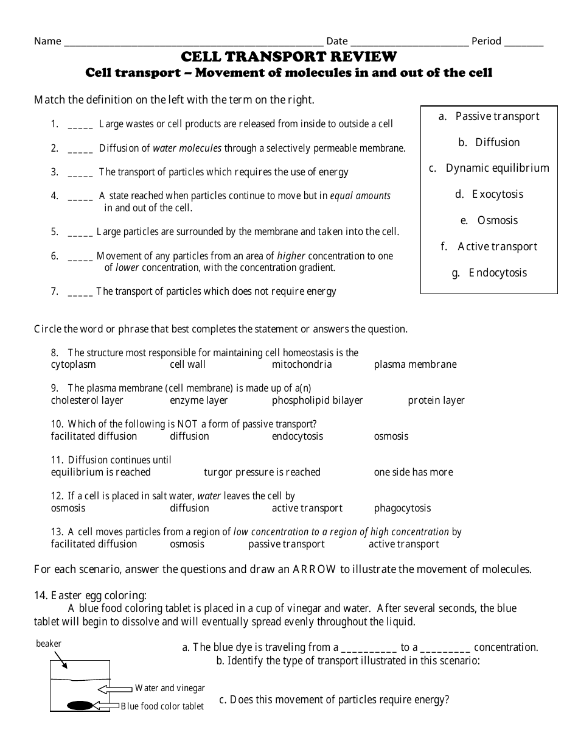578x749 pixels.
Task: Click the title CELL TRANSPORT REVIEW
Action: click(289, 57)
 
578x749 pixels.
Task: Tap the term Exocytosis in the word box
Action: click(498, 194)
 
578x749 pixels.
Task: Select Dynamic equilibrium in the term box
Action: click(497, 168)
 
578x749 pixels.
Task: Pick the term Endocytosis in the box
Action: click(498, 273)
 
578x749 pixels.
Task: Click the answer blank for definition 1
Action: click(80, 125)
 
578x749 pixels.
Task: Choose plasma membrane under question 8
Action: click(415, 365)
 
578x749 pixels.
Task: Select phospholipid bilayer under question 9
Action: click(317, 401)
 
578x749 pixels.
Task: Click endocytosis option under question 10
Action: click(298, 437)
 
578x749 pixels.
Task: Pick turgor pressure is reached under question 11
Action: click(262, 473)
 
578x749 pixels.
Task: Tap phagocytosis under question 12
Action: click(402, 508)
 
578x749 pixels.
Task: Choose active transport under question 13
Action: click(403, 544)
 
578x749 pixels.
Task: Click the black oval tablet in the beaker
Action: click(80, 706)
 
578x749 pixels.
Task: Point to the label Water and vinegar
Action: click(170, 688)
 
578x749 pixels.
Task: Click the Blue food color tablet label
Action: click(162, 706)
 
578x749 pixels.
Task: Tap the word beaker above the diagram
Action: click(49, 644)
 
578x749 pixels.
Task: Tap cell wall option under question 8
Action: click(187, 365)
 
